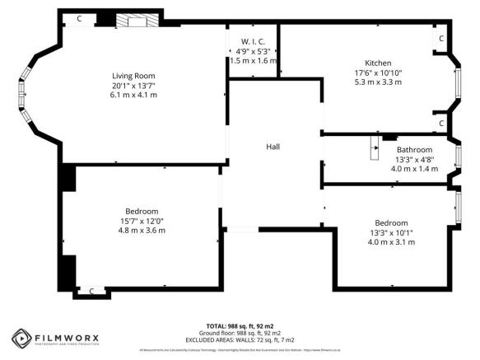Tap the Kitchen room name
(379, 63)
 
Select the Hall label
(273, 146)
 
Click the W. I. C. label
(253, 42)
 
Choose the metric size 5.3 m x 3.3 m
(379, 82)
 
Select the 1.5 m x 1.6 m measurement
(253, 61)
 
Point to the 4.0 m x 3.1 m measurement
(391, 241)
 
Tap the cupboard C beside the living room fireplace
(79, 18)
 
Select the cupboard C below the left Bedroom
(91, 291)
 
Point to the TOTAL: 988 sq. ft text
(239, 326)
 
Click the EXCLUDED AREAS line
(239, 339)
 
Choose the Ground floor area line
(239, 333)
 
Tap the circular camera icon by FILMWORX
(21, 338)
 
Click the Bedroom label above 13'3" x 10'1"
(391, 222)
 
